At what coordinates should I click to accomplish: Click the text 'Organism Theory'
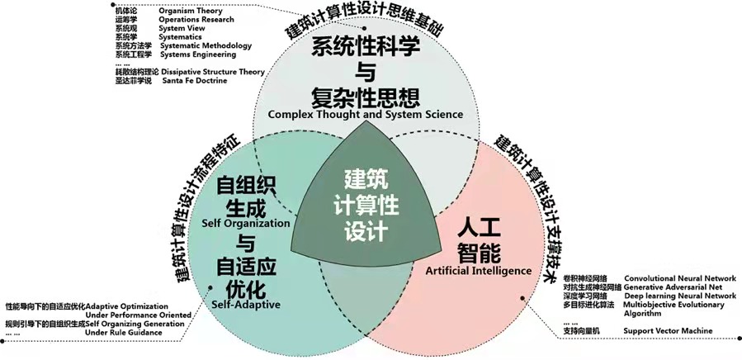pyautogui.click(x=191, y=11)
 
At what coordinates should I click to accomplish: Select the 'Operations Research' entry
pyautogui.click(x=196, y=20)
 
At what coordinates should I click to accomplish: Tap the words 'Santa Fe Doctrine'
pyautogui.click(x=195, y=81)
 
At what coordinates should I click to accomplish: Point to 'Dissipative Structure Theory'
pyautogui.click(x=213, y=72)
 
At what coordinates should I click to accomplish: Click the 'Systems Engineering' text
pyautogui.click(x=198, y=54)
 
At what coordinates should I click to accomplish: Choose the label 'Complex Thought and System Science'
pyautogui.click(x=366, y=114)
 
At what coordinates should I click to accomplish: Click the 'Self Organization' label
pyautogui.click(x=246, y=223)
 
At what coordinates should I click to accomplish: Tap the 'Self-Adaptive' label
pyautogui.click(x=246, y=304)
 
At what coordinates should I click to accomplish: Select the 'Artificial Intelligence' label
pyautogui.click(x=479, y=271)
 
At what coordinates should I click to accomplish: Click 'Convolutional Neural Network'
pyautogui.click(x=680, y=278)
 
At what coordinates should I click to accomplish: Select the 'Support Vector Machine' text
pyautogui.click(x=668, y=330)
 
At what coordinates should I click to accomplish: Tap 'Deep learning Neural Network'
pyautogui.click(x=680, y=296)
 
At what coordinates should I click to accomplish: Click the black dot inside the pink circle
pyautogui.click(x=523, y=298)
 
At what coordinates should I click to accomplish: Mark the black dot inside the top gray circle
pyautogui.click(x=364, y=28)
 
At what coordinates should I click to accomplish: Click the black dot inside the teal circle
pyautogui.click(x=210, y=287)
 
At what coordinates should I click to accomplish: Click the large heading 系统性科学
pyautogui.click(x=366, y=49)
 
